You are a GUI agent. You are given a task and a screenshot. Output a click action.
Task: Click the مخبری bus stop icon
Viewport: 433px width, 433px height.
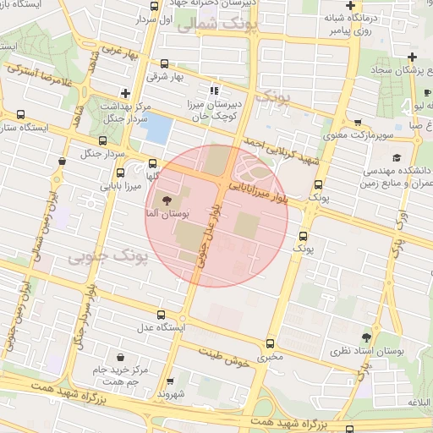[x=270, y=343]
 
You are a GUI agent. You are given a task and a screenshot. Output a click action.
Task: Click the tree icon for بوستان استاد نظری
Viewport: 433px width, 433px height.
[x=366, y=337]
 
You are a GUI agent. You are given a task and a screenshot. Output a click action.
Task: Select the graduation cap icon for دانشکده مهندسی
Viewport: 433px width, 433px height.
[x=396, y=157]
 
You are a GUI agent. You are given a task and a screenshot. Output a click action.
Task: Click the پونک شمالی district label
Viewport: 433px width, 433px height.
[x=210, y=25]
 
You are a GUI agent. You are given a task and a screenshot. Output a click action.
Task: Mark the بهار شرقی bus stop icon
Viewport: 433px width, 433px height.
[x=163, y=63]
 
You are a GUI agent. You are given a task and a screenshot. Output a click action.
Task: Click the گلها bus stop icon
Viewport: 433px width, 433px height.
[x=152, y=164]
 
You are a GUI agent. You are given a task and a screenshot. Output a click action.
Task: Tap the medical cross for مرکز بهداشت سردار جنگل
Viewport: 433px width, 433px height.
[x=125, y=93]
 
